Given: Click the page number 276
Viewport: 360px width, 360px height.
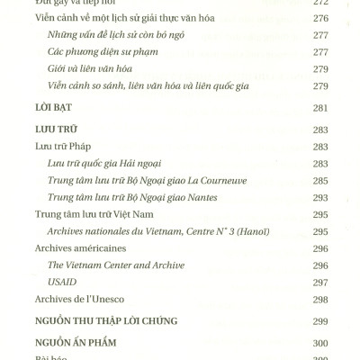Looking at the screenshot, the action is point(319,16).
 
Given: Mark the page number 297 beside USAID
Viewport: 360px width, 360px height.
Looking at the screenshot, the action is point(319,282).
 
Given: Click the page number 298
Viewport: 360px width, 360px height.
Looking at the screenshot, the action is point(319,299).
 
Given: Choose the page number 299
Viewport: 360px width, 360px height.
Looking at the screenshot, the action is point(319,320).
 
